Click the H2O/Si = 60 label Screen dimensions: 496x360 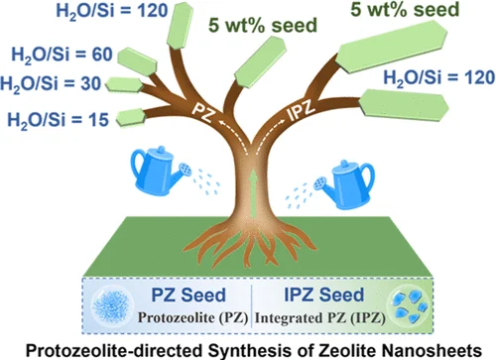[x=62, y=56]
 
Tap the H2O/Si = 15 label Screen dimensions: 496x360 [x=58, y=120]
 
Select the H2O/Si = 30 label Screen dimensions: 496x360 [x=51, y=83]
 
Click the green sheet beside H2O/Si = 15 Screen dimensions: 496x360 [x=131, y=117]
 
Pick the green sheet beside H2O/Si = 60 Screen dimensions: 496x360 [x=137, y=61]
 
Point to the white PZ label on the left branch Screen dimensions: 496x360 [x=203, y=111]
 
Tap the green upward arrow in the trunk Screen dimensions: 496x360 [x=254, y=193]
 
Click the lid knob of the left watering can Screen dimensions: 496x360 [x=161, y=150]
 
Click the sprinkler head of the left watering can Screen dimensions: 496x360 [x=186, y=170]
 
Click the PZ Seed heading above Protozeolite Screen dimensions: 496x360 [x=188, y=295]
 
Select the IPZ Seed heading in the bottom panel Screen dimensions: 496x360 [x=324, y=295]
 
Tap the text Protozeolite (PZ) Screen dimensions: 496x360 [x=193, y=317]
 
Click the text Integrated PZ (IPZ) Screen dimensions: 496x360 [x=320, y=318]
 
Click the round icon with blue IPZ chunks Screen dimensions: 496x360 [x=409, y=305]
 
